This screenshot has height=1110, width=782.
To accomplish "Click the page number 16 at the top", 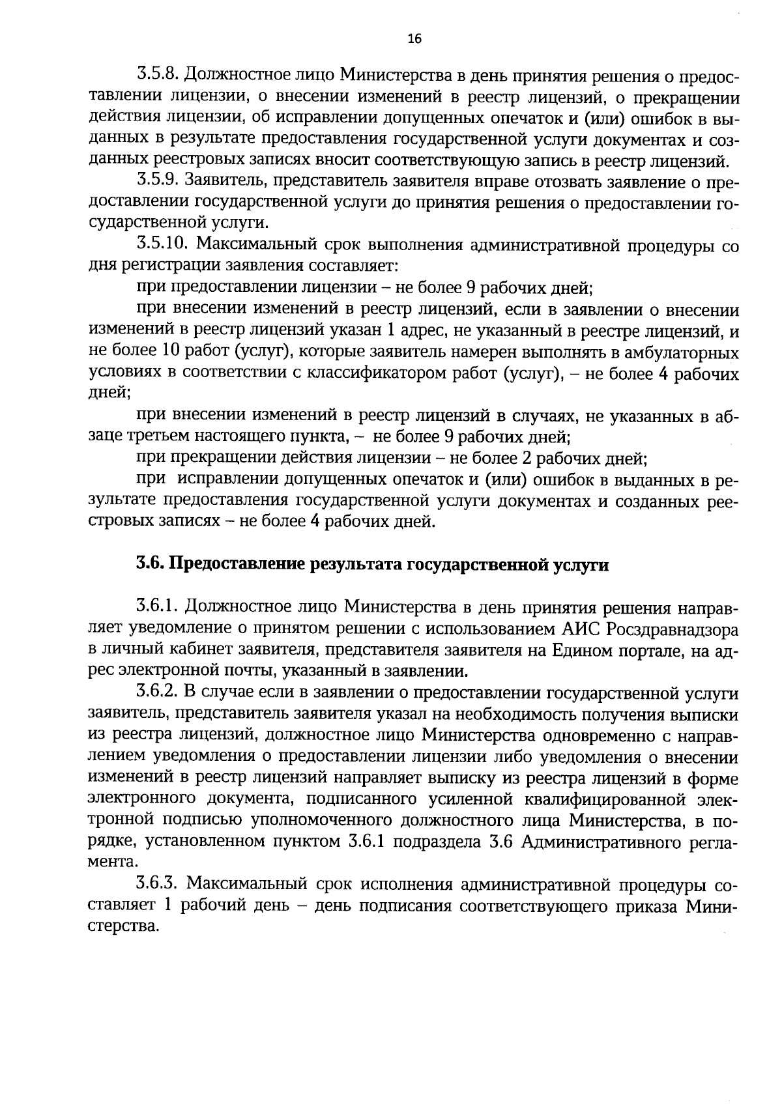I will (414, 38).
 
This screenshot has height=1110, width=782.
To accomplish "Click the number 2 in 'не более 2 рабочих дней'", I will (527, 459).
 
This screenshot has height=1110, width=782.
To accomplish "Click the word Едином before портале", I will (583, 649).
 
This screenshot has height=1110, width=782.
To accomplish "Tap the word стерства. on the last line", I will (123, 926).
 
